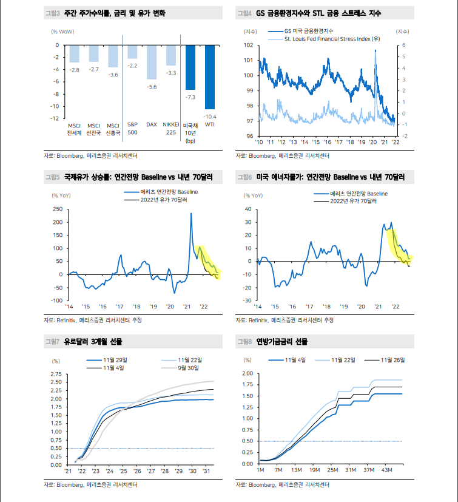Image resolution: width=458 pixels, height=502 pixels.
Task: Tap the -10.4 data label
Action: tap(210, 116)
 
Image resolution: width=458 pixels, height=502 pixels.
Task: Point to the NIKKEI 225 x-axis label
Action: tap(171, 128)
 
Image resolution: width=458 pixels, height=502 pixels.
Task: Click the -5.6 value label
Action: tap(152, 87)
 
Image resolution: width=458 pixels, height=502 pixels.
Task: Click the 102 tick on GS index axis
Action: tap(248, 45)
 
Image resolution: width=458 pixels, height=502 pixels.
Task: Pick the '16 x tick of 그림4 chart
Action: tap(327, 141)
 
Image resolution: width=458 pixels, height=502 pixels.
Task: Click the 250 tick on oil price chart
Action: tap(58, 209)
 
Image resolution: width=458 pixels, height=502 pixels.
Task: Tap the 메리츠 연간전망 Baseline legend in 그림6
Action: tap(359, 193)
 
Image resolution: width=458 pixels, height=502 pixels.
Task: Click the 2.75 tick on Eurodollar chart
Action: tap(55, 374)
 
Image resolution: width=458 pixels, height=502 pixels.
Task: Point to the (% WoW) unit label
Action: tap(64, 30)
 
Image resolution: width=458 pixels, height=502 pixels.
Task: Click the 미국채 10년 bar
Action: tap(190, 67)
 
